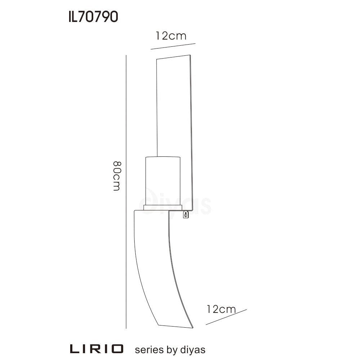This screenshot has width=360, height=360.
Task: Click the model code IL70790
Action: click(x=93, y=17)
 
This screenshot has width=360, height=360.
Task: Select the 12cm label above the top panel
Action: click(x=171, y=36)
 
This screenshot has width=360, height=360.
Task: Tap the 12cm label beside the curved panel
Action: click(x=221, y=309)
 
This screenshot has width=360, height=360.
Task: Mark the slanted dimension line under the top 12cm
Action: click(x=173, y=46)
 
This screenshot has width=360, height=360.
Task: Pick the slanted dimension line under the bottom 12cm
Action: click(x=226, y=317)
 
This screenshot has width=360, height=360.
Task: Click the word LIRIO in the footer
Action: click(x=96, y=349)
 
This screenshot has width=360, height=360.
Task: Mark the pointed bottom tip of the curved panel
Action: click(x=192, y=328)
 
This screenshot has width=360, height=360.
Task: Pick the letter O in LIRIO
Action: click(x=117, y=349)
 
